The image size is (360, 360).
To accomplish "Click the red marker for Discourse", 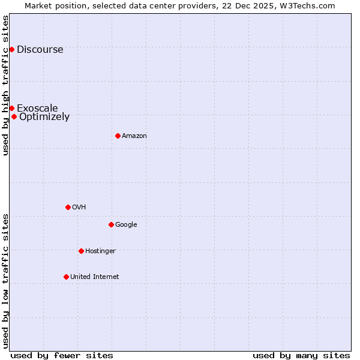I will pyautogui.click(x=11, y=49).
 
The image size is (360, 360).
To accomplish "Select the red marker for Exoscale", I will pyautogui.click(x=11, y=108).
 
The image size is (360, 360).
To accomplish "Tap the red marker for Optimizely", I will pyautogui.click(x=14, y=116).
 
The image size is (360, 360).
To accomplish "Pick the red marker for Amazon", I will pyautogui.click(x=118, y=136).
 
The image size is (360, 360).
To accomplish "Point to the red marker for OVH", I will pyautogui.click(x=68, y=207).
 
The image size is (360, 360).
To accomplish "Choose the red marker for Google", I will pyautogui.click(x=111, y=224).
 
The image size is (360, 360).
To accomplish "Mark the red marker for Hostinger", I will pyautogui.click(x=81, y=251).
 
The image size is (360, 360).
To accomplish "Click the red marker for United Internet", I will pyautogui.click(x=66, y=277).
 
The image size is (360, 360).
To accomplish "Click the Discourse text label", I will pyautogui.click(x=40, y=49).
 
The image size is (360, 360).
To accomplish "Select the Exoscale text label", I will pyautogui.click(x=37, y=108).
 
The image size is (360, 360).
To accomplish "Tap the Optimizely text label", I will pyautogui.click(x=44, y=116).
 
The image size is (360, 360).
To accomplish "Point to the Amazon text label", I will pyautogui.click(x=134, y=136).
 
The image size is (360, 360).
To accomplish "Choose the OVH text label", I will pyautogui.click(x=79, y=208).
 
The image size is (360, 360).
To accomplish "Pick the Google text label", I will pyautogui.click(x=126, y=225).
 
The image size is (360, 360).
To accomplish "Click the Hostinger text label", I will pyautogui.click(x=100, y=251).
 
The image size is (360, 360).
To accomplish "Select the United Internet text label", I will pyautogui.click(x=95, y=277).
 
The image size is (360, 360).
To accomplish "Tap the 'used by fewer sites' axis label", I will pyautogui.click(x=62, y=355).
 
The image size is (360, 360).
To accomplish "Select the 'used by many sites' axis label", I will pyautogui.click(x=301, y=355).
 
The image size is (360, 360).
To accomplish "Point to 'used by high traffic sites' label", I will pyautogui.click(x=5, y=85).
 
